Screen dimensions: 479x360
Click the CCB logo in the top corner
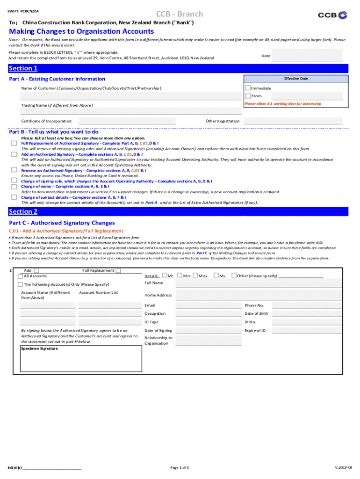coord(333,15)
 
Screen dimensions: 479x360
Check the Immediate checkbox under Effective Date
coord(248,88)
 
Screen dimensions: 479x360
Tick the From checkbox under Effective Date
coord(248,96)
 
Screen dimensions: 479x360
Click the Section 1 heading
coord(23,69)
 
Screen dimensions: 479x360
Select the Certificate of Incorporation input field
coord(127,121)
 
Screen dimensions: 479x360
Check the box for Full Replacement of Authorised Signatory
coord(14,143)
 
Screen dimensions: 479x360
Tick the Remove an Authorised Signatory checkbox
coord(14,171)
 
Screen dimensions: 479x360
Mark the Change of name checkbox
coord(14,186)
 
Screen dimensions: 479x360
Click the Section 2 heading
coord(23,212)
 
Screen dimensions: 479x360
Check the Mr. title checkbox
coord(164,276)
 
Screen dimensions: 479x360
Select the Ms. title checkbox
coord(216,276)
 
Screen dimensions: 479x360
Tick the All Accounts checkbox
coord(20,276)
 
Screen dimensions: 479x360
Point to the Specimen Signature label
coord(40,348)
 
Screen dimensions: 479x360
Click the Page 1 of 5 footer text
coord(180,467)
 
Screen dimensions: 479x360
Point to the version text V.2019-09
coord(344,467)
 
